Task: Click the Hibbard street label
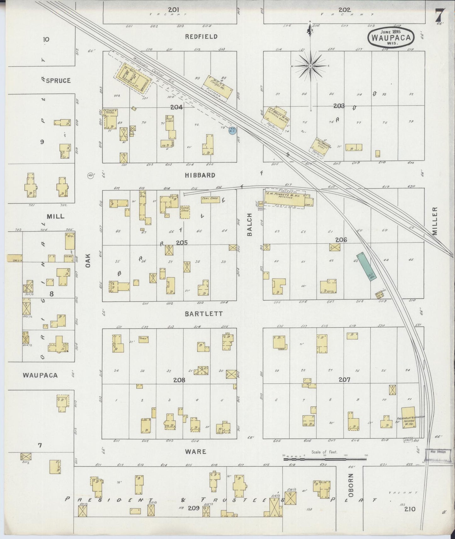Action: (x=200, y=175)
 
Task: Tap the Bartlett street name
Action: (x=204, y=314)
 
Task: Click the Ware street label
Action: (x=196, y=451)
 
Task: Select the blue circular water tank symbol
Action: (x=232, y=130)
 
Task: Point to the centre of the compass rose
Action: (x=310, y=66)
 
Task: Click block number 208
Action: (x=179, y=380)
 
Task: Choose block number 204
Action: (x=177, y=107)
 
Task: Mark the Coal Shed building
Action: (x=210, y=199)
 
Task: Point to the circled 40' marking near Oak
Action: (x=91, y=175)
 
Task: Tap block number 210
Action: (x=411, y=509)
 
